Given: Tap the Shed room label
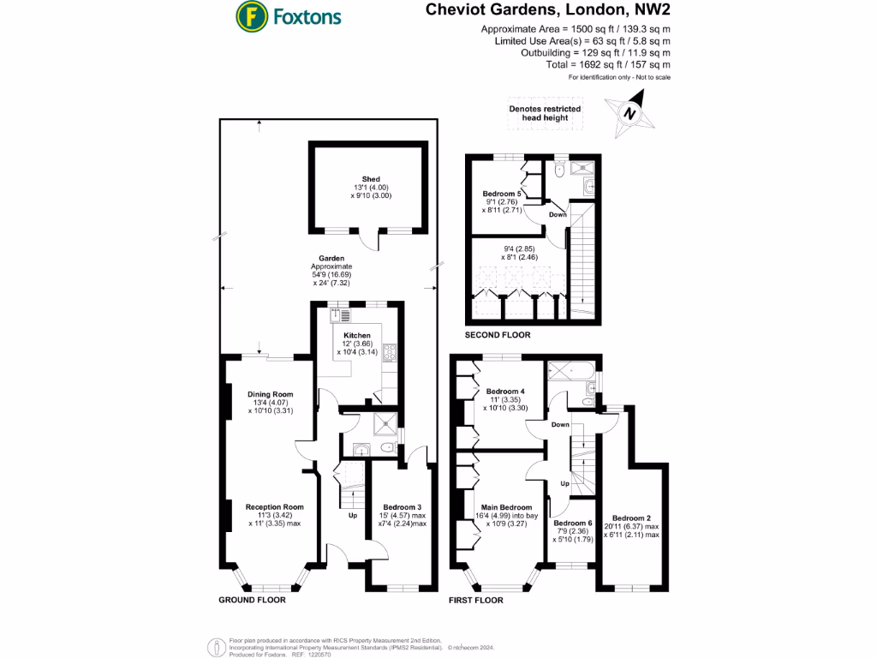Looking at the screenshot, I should pyautogui.click(x=370, y=179).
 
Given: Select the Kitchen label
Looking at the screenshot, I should pyautogui.click(x=357, y=335).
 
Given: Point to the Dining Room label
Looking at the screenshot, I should pyautogui.click(x=271, y=394).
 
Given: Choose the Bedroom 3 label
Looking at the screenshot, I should pyautogui.click(x=402, y=506).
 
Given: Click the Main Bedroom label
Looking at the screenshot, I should pyautogui.click(x=504, y=507).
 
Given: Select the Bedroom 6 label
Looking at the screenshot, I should pyautogui.click(x=573, y=523).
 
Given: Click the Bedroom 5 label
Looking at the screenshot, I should pyautogui.click(x=504, y=194).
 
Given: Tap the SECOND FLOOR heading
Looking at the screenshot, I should pyautogui.click(x=497, y=335).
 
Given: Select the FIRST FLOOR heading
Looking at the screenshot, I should pyautogui.click(x=476, y=601).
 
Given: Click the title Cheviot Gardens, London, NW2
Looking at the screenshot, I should pyautogui.click(x=547, y=11).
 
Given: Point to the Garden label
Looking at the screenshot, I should pyautogui.click(x=332, y=258).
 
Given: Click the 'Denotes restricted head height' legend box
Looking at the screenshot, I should pyautogui.click(x=545, y=114).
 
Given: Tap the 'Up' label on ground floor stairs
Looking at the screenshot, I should pyautogui.click(x=352, y=516).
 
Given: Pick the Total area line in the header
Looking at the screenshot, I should pyautogui.click(x=607, y=64).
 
